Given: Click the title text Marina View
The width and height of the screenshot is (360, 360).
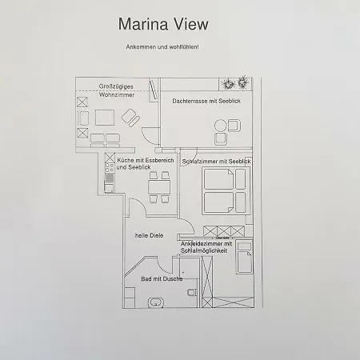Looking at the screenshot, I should click(162, 25).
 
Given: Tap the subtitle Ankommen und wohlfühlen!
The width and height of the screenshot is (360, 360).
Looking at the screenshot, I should click(162, 48).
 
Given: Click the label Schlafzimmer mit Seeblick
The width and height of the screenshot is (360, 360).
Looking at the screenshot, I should click(217, 162).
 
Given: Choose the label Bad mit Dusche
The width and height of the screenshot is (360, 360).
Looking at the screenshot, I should click(162, 278).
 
